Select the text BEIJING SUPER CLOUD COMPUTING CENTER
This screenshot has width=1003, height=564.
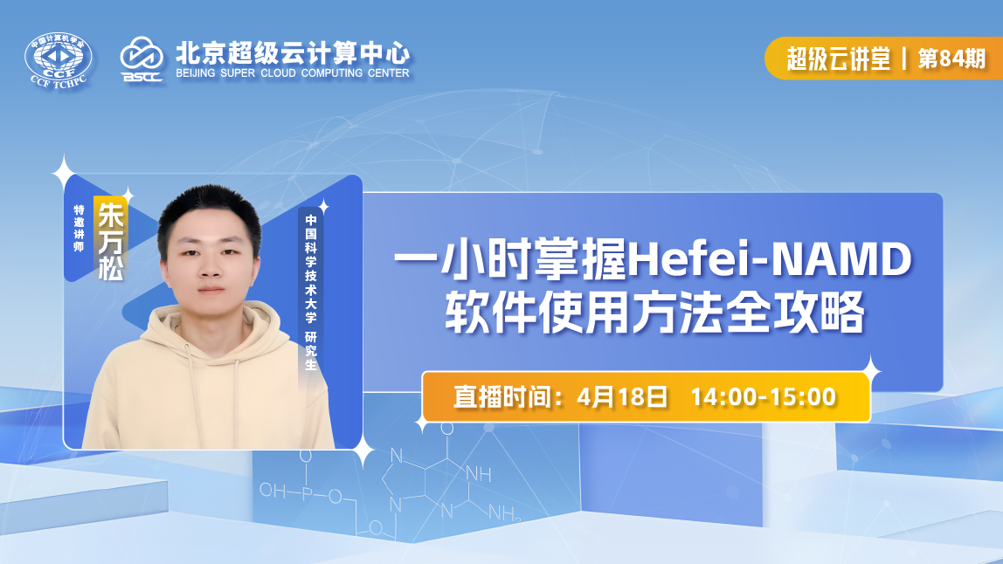[292, 73]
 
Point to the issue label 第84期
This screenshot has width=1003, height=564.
[951, 58]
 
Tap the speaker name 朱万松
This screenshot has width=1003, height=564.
[111, 240]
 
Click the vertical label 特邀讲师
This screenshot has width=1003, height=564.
[80, 229]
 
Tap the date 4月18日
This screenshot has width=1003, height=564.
[623, 396]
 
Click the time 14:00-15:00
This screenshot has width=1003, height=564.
[763, 396]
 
